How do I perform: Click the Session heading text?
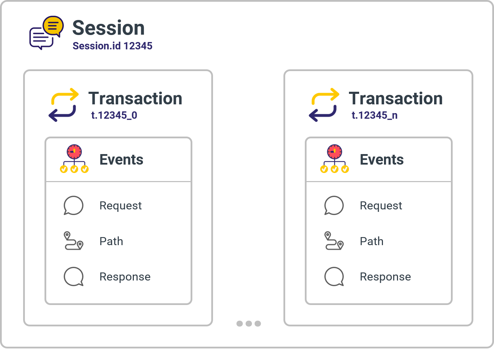(x=108, y=28)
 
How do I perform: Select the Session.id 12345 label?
(x=112, y=46)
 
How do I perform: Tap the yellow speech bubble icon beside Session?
(x=53, y=26)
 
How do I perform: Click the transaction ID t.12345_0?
(x=114, y=115)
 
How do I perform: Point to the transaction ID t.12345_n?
(x=375, y=115)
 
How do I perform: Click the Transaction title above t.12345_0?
(x=135, y=98)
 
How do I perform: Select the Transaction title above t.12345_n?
(x=396, y=98)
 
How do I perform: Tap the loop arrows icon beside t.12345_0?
(x=64, y=105)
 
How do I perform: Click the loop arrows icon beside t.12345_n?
(x=324, y=105)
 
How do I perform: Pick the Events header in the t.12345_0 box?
(x=121, y=160)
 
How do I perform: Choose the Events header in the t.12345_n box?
(x=382, y=160)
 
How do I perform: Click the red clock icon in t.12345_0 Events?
(x=74, y=152)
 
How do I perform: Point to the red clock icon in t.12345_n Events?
(x=335, y=152)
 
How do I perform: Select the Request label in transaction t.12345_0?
(x=121, y=206)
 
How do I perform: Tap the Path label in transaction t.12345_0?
(x=111, y=241)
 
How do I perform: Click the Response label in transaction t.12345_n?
(x=385, y=277)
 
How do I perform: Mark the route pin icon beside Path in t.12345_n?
(x=334, y=241)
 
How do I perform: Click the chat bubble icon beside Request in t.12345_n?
(x=334, y=205)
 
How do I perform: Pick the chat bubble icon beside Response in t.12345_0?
(x=74, y=277)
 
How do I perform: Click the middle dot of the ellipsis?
(x=249, y=324)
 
